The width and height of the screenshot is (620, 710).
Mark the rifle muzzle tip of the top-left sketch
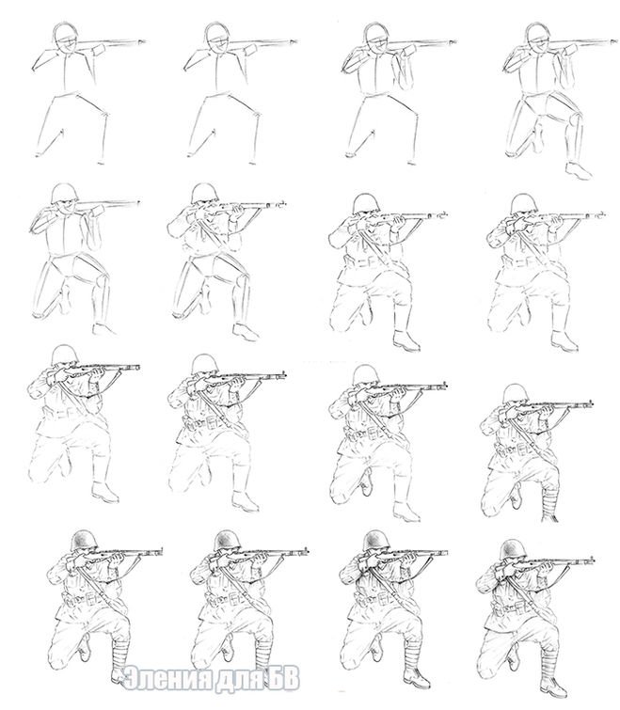145,41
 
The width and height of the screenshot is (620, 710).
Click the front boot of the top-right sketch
579,171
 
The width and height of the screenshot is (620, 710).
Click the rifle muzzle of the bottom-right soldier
593,560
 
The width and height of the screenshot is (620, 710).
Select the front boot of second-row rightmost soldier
564,341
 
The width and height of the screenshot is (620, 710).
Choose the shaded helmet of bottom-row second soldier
228,540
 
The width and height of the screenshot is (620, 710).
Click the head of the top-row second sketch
216,38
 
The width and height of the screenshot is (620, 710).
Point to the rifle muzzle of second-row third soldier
445,213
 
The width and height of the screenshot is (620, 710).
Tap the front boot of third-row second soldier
245,500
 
